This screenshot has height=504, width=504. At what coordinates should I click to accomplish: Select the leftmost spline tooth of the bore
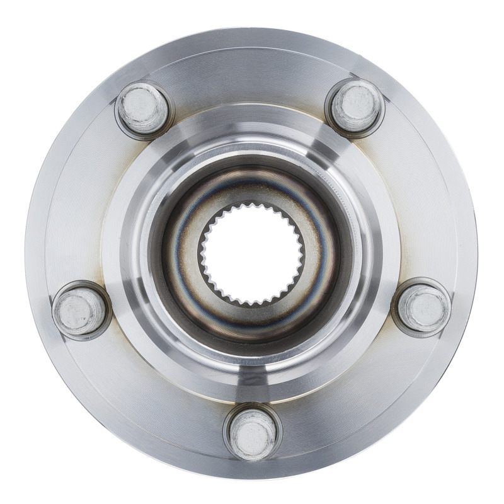pyautogui.click(x=202, y=255)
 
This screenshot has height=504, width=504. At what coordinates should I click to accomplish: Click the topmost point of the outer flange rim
pyautogui.click(x=251, y=27)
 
